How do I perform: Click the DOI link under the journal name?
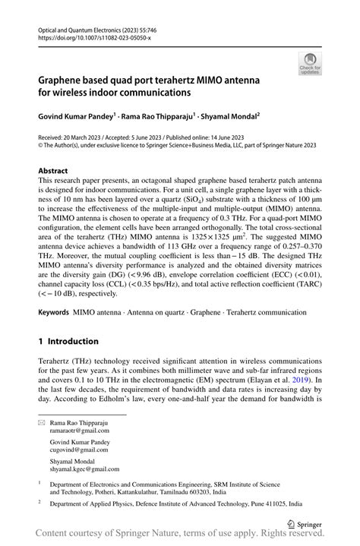89,36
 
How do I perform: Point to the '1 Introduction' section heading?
68,341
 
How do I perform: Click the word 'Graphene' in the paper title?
66,79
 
